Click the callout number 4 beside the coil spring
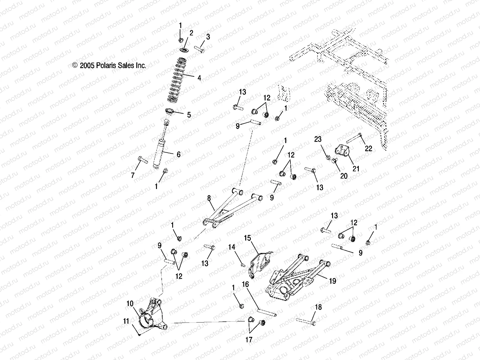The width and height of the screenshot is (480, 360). [x=199, y=78]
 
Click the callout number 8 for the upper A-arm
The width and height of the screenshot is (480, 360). [x=209, y=198]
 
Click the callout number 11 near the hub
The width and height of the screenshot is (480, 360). [x=126, y=321]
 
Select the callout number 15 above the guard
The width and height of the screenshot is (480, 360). [x=247, y=238]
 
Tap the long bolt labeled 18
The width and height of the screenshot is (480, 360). [x=305, y=321]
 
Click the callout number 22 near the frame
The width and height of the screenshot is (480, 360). [x=368, y=148]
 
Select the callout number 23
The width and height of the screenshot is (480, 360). [x=318, y=139]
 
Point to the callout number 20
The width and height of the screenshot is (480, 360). [x=344, y=176]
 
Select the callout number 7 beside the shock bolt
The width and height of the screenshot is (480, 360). [x=133, y=175]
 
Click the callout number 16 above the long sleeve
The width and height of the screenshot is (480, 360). [x=245, y=284]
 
